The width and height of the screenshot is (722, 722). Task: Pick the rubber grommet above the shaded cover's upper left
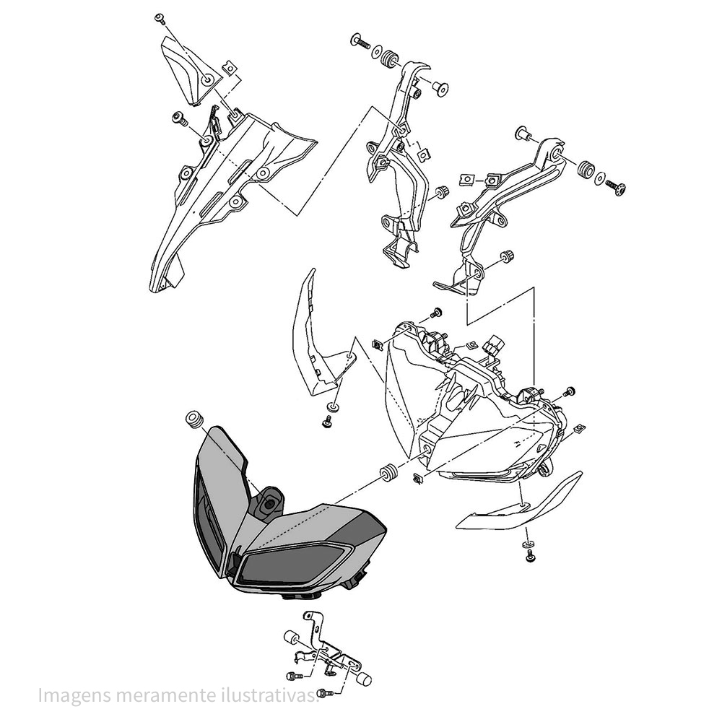194,420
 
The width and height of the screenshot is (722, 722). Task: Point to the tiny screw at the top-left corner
160,19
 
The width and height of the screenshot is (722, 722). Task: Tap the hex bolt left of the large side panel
178,118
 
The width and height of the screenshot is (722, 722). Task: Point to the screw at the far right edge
616,188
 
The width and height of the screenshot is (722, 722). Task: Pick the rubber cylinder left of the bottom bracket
292,638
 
